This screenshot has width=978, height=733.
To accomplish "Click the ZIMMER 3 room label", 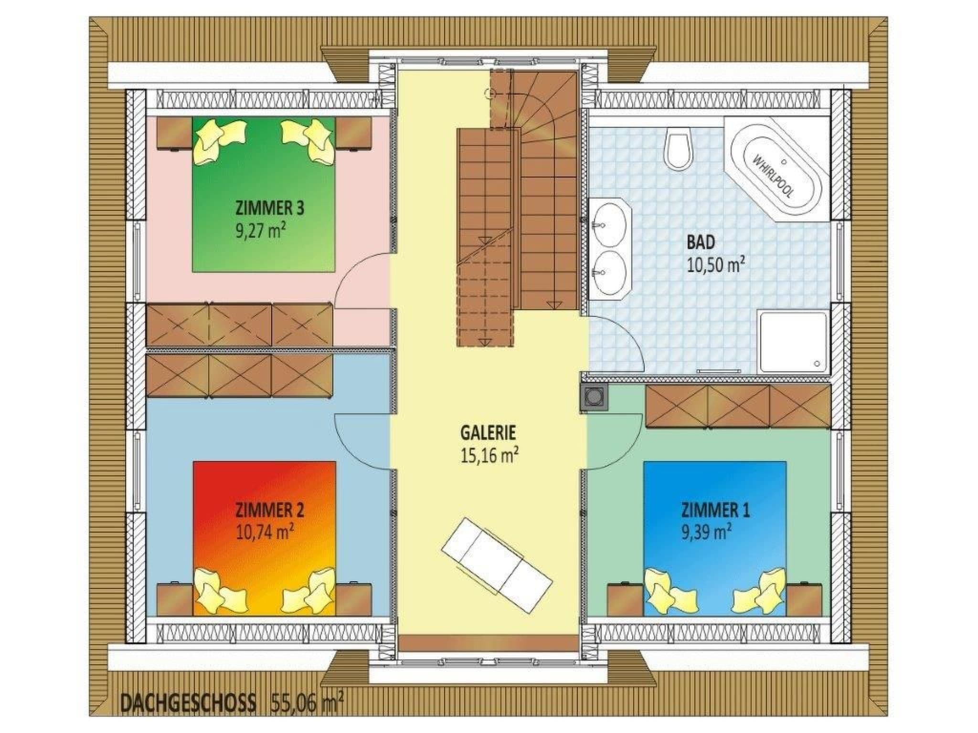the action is pyautogui.click(x=270, y=209).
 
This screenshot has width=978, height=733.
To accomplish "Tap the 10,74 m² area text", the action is pyautogui.click(x=265, y=531).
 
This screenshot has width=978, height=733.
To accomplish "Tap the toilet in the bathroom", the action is pyautogui.click(x=680, y=147).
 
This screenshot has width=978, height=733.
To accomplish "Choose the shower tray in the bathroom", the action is pyautogui.click(x=794, y=341).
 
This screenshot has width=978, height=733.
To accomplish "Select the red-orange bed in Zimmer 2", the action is pyautogui.click(x=264, y=538).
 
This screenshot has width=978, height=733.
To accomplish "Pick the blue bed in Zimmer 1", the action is pyautogui.click(x=715, y=538).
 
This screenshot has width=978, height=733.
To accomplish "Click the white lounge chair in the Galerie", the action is pyautogui.click(x=497, y=565).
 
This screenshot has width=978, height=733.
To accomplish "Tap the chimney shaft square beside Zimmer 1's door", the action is pyautogui.click(x=595, y=397).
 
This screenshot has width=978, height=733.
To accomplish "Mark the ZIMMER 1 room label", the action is pyautogui.click(x=715, y=510).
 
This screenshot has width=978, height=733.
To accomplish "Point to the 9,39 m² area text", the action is pyautogui.click(x=707, y=531).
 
